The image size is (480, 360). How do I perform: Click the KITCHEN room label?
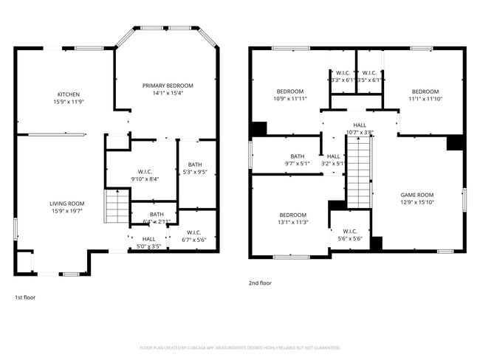pyautogui.click(x=69, y=94)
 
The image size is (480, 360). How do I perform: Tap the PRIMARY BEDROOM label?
pyautogui.click(x=168, y=86)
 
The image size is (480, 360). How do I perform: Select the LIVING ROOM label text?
pyautogui.click(x=67, y=204)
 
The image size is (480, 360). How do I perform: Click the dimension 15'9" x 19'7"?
pyautogui.click(x=67, y=211)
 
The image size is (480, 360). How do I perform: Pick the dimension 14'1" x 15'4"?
pyautogui.click(x=168, y=94)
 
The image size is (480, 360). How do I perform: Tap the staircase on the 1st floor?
pyautogui.click(x=117, y=206)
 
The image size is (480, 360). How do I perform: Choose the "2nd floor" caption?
pyautogui.click(x=260, y=283)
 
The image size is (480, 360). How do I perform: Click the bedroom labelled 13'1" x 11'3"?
pyautogui.click(x=292, y=218)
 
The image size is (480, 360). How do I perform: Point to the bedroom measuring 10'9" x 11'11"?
pyautogui.click(x=289, y=94)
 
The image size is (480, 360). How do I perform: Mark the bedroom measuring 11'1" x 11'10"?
pyautogui.click(x=425, y=94)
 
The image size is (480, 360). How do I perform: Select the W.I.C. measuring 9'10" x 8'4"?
pyautogui.click(x=145, y=174)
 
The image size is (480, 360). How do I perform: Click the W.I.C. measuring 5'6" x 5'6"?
pyautogui.click(x=350, y=235)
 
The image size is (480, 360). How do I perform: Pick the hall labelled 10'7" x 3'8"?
pyautogui.click(x=360, y=128)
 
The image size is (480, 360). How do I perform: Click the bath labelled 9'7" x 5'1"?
pyautogui.click(x=297, y=159)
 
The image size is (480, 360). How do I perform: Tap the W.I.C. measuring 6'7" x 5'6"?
pyautogui.click(x=195, y=236)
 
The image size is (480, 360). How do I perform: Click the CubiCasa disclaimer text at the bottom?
pyautogui.click(x=239, y=347)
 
